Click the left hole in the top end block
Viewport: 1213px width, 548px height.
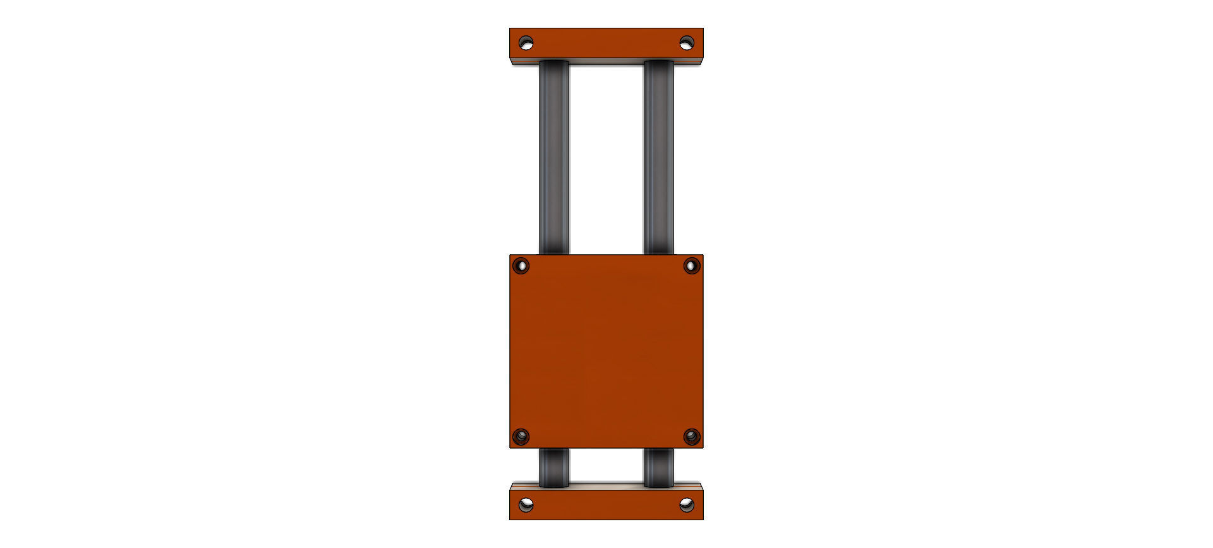click(526, 43)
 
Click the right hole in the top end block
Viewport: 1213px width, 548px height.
click(687, 43)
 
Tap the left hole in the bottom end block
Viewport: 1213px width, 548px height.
click(526, 504)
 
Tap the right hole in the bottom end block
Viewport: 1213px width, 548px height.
click(687, 504)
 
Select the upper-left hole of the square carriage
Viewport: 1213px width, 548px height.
click(521, 265)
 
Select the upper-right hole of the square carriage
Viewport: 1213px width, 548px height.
click(692, 265)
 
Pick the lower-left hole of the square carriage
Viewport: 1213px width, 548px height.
click(521, 436)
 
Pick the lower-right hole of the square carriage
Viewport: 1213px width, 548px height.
click(692, 436)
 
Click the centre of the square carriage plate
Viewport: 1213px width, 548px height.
click(606, 351)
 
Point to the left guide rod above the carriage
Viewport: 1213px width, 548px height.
click(553, 158)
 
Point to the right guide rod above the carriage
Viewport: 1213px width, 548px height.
click(659, 158)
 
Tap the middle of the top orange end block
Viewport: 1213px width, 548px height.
click(606, 43)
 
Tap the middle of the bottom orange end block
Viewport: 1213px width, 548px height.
click(606, 505)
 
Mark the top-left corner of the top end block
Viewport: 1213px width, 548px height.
click(510, 28)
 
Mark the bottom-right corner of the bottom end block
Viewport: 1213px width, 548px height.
click(703, 519)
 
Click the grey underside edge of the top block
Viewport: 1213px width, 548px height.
click(606, 62)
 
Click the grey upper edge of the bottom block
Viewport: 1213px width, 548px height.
click(606, 486)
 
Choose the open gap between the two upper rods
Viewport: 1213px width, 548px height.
click(606, 158)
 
